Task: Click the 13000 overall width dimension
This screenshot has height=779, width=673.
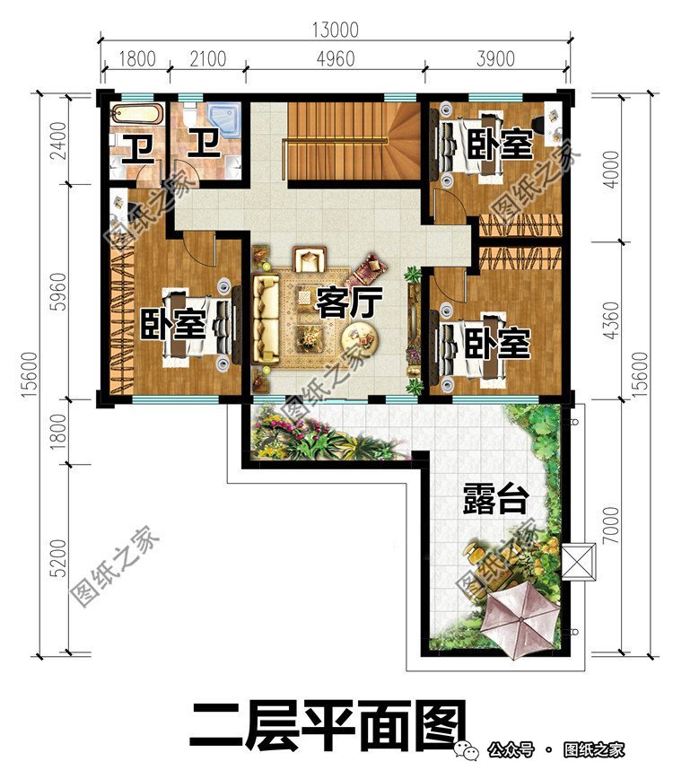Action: tap(334, 30)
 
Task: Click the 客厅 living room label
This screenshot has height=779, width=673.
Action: tap(345, 303)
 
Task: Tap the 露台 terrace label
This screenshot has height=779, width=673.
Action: tap(494, 499)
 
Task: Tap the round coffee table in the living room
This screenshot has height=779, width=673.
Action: tap(363, 339)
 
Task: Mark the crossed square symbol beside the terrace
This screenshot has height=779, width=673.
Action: tap(582, 564)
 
